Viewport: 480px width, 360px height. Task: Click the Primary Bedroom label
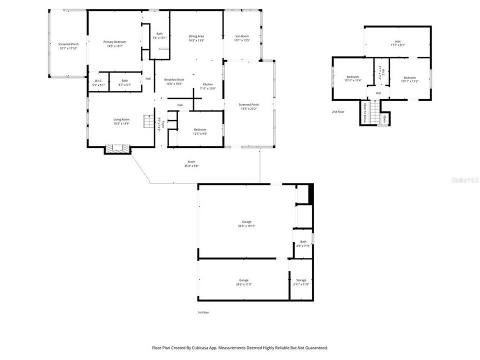pos(114,41)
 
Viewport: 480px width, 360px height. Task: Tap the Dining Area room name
pos(196,36)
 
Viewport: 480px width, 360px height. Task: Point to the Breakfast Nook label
pos(173,79)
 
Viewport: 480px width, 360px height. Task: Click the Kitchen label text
pos(208,84)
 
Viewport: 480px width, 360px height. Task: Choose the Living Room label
pos(121,119)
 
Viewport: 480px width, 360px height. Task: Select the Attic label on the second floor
pos(398,41)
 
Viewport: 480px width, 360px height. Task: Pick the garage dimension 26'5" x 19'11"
pos(246,225)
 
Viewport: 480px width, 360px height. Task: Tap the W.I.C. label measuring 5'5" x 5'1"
pos(98,84)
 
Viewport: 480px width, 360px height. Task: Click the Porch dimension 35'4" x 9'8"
pos(191,165)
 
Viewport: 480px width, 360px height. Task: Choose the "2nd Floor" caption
pos(338,111)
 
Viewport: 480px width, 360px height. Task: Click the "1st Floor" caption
pos(203,312)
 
